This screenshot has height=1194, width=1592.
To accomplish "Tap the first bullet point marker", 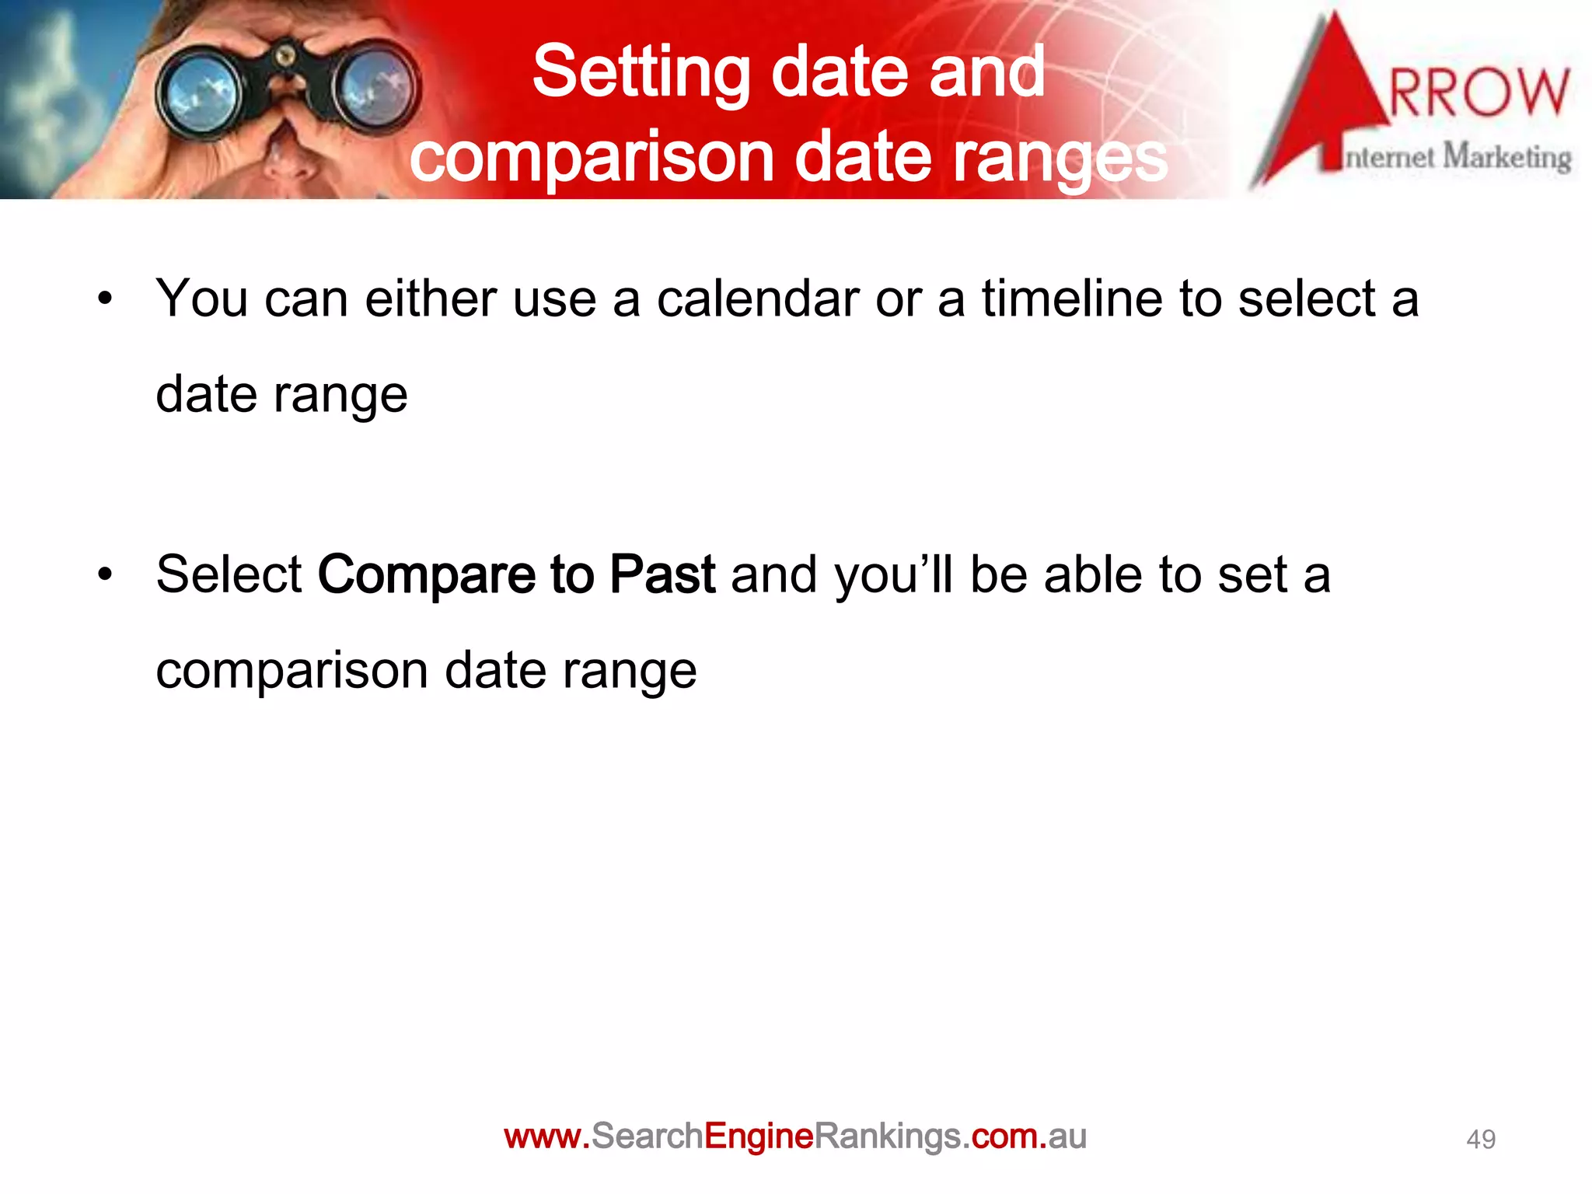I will click(105, 298).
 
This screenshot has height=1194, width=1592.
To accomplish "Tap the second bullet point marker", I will click(105, 575).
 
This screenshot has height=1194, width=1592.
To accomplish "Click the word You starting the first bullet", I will click(201, 298).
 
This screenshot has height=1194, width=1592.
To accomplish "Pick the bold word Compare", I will click(426, 575).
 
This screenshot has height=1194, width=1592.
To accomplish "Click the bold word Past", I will click(662, 575).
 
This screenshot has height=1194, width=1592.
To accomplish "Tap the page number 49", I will click(1480, 1140).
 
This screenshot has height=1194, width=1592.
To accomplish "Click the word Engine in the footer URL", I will click(758, 1137).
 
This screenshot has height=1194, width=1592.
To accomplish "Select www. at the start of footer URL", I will click(546, 1137).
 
